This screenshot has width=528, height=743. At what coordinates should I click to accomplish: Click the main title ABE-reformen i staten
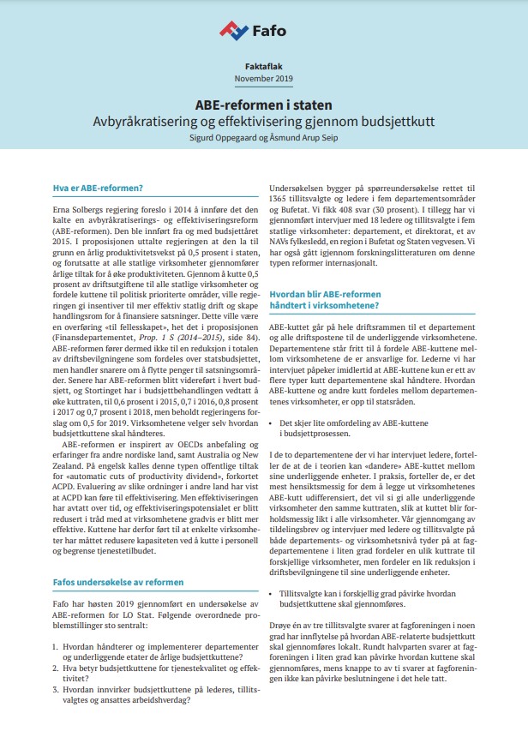pos(264,103)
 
